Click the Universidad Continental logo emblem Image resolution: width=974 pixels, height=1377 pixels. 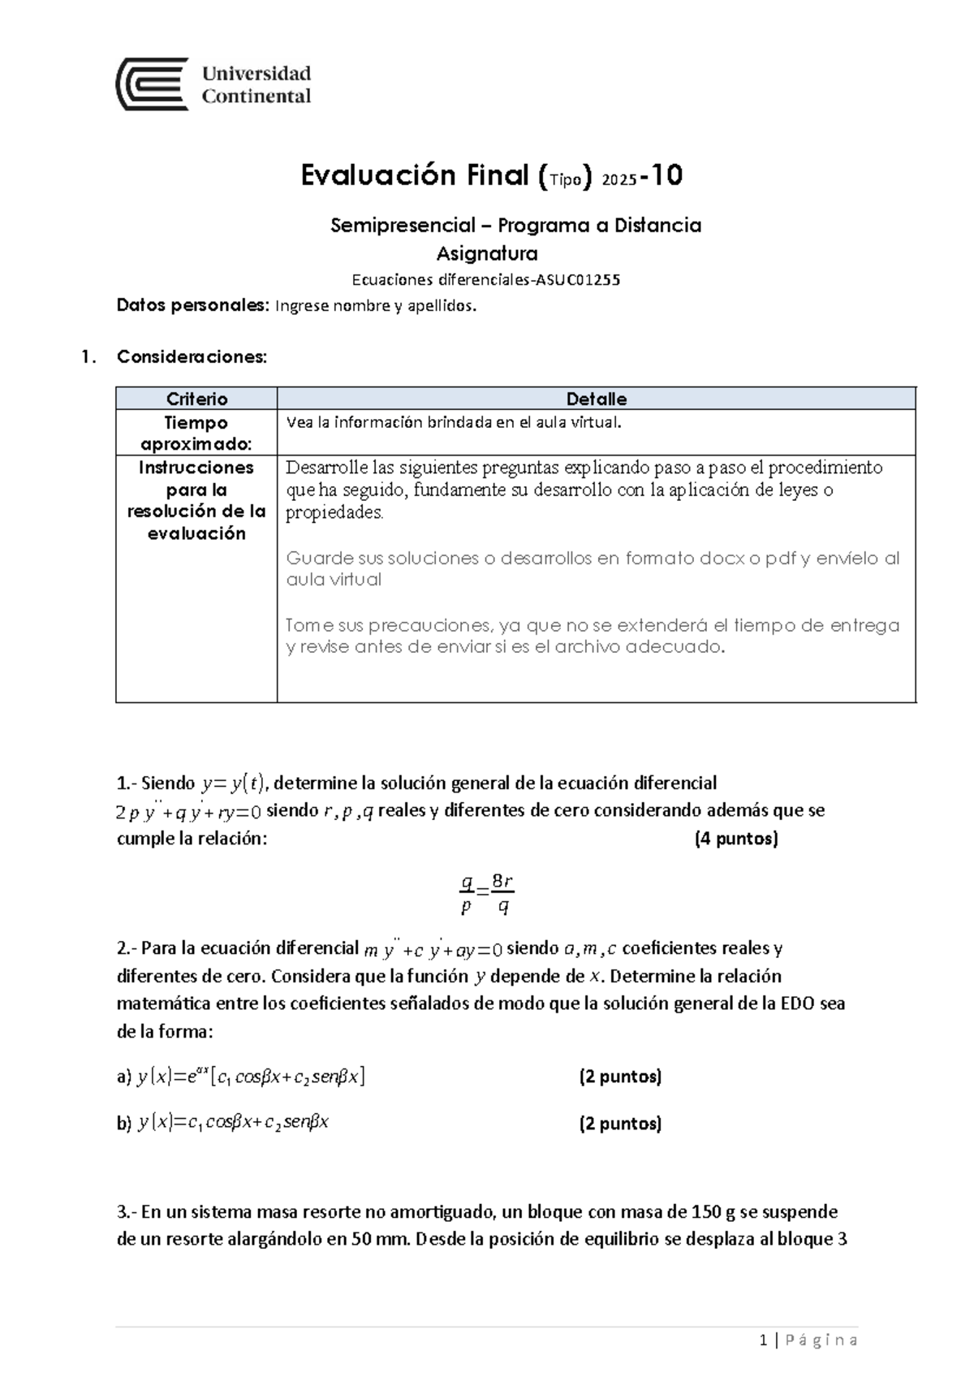point(153,84)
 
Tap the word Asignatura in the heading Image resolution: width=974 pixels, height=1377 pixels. point(487,253)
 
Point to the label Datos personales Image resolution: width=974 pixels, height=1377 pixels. point(192,306)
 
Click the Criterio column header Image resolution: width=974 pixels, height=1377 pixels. point(196,399)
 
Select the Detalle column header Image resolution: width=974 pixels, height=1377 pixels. point(596,399)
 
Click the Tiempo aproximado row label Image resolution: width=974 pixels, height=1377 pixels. point(196,434)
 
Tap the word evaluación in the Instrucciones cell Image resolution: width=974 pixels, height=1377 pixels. point(196,533)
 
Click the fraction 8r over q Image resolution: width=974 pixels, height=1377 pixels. point(503,895)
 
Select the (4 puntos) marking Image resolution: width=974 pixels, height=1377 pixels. point(736,839)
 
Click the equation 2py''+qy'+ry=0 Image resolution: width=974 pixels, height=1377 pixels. point(189,811)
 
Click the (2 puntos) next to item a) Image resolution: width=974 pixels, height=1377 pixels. point(620,1077)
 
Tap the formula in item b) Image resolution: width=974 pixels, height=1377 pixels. point(234,1124)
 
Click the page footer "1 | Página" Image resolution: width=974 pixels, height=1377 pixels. point(808,1340)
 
